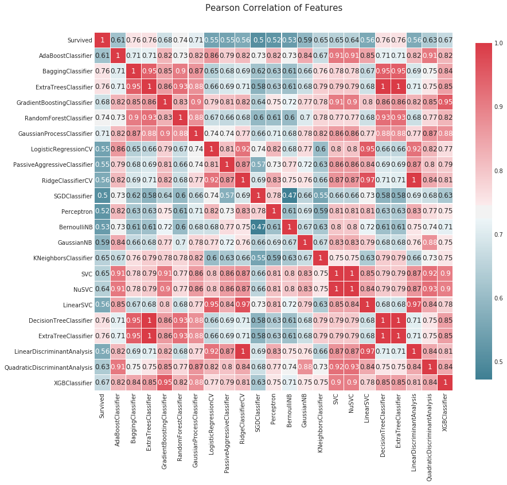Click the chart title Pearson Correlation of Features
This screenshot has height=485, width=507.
click(x=274, y=8)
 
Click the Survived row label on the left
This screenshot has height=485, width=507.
click(x=79, y=41)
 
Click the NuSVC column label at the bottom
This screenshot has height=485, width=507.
click(x=351, y=404)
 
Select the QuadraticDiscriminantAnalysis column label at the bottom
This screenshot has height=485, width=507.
click(x=428, y=436)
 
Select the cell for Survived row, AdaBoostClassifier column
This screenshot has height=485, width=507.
click(x=118, y=41)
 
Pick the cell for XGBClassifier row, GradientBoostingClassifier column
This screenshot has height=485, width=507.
click(x=165, y=383)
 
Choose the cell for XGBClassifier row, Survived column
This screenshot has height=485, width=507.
click(x=103, y=383)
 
